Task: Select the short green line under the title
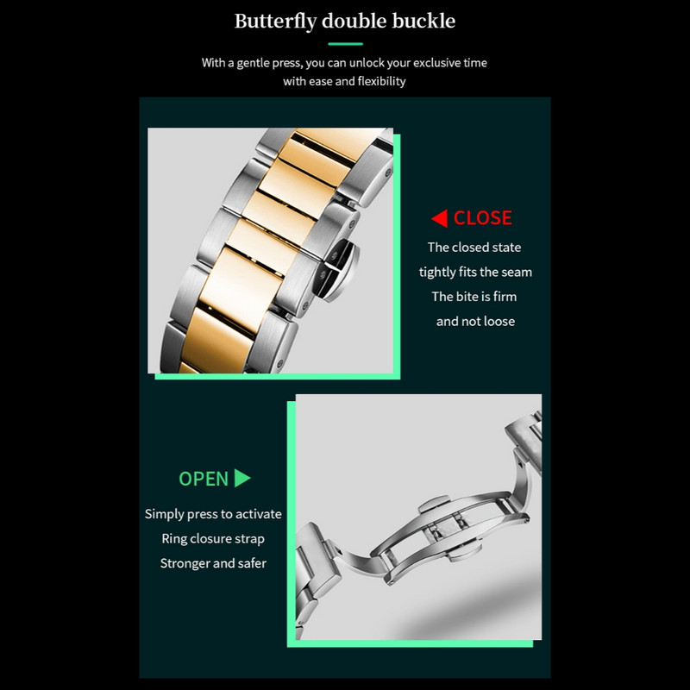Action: click(x=346, y=44)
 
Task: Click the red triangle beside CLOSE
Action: click(x=440, y=218)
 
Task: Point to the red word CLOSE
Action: click(x=483, y=218)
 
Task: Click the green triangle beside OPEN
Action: click(x=242, y=478)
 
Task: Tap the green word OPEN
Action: click(x=204, y=479)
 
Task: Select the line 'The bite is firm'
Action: click(x=474, y=297)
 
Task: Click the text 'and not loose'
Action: click(x=476, y=321)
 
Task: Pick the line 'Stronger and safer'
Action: click(x=213, y=563)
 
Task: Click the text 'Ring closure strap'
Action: click(x=213, y=538)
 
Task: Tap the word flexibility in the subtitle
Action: click(x=381, y=81)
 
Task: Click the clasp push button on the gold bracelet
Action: click(x=341, y=269)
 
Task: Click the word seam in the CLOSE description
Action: click(x=515, y=273)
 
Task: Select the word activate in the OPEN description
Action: click(x=259, y=514)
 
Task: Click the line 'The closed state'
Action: click(x=474, y=248)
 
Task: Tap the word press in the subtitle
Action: click(x=287, y=64)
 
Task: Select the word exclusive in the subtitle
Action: click(x=435, y=63)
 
